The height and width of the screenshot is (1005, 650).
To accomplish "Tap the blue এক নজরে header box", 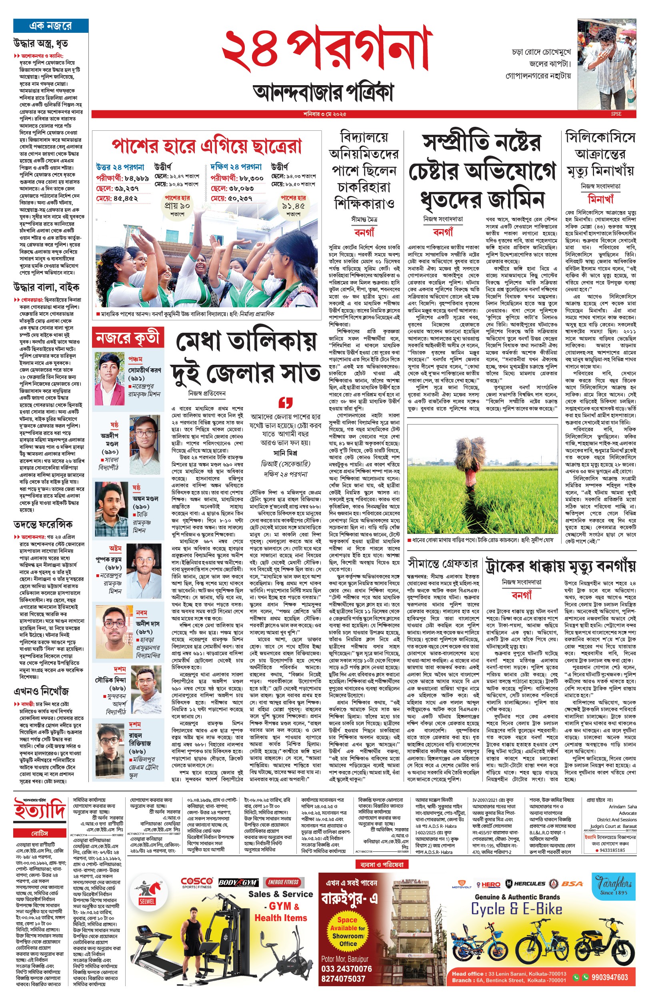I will pyautogui.click(x=51, y=25).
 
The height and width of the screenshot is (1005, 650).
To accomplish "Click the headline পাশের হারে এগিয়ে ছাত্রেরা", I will pyautogui.click(x=206, y=146).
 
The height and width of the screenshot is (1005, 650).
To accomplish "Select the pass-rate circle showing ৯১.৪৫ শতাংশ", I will pyautogui.click(x=293, y=206).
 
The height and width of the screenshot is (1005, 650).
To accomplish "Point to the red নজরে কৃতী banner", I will pyautogui.click(x=128, y=338).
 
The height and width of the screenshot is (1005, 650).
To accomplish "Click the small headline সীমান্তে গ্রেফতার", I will pyautogui.click(x=443, y=563).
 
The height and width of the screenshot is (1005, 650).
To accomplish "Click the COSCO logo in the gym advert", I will pyautogui.click(x=197, y=882).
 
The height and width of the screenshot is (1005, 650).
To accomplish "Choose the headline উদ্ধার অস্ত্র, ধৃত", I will pyautogui.click(x=40, y=44).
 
